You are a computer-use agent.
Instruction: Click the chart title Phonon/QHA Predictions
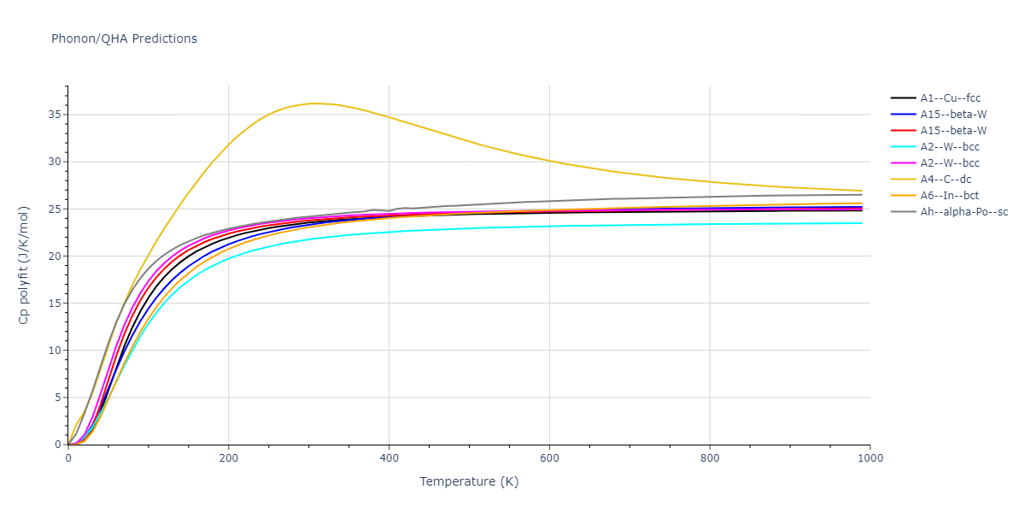pos(124,38)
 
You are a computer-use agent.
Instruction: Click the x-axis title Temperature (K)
pos(468,481)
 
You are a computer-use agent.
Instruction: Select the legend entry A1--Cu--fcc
pos(948,98)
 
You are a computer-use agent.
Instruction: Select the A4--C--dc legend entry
pos(945,180)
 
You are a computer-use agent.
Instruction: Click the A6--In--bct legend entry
pos(946,196)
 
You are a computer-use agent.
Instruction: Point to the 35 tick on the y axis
pos(55,115)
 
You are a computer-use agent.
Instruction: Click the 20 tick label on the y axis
pos(55,256)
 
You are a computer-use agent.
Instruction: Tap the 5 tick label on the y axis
pos(58,398)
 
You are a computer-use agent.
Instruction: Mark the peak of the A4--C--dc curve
pos(313,103)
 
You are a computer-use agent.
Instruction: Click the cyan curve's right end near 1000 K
pos(861,223)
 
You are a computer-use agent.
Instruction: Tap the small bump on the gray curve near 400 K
pos(374,209)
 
